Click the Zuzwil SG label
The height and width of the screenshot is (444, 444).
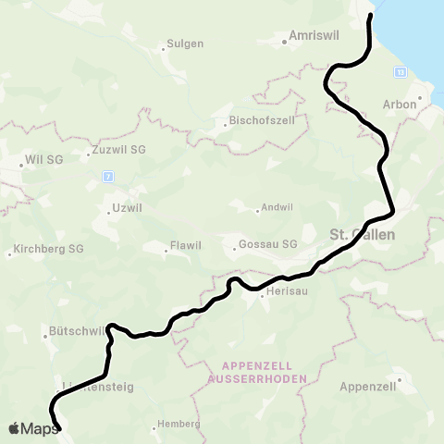click(x=115, y=149)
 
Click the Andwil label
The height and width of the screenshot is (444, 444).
click(x=275, y=207)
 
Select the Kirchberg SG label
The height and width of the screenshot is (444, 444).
click(x=46, y=250)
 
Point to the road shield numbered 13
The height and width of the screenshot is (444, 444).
click(x=400, y=71)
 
